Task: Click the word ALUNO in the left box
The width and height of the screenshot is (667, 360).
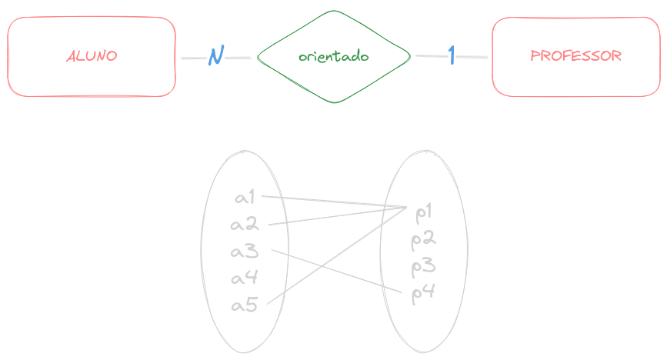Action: (92, 56)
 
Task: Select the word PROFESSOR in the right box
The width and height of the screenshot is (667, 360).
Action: (576, 56)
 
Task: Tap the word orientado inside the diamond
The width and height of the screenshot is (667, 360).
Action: (334, 56)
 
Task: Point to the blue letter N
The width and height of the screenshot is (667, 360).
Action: (216, 56)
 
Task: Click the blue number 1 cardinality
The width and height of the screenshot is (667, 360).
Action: (452, 55)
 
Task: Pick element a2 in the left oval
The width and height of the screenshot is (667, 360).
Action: (245, 225)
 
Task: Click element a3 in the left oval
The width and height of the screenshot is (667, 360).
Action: (245, 252)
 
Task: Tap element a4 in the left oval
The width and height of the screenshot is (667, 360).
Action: (245, 278)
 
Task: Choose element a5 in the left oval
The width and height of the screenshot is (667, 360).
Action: (245, 305)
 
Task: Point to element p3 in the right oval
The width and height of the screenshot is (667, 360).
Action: (424, 266)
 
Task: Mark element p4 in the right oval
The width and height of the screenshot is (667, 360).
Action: (424, 293)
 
